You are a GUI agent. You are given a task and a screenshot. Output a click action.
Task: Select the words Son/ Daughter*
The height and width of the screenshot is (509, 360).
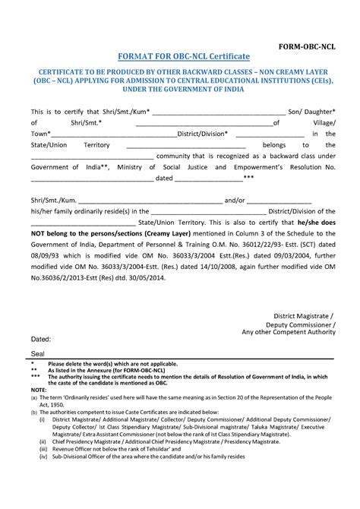[312, 111]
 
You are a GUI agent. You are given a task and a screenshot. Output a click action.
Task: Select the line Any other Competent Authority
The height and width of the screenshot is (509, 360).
[288, 332]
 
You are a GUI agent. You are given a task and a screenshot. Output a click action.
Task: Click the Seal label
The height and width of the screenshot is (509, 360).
[37, 354]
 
